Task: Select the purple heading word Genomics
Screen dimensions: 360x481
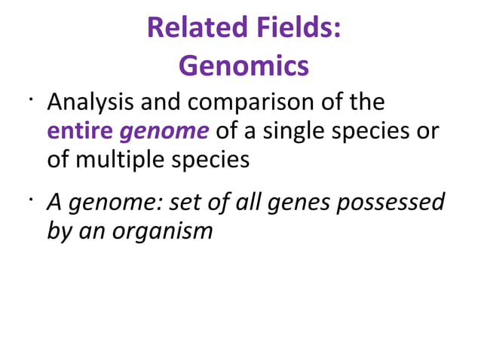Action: [x=244, y=66]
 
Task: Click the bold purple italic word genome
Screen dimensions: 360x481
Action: [x=164, y=133]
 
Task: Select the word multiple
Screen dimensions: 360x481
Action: [x=121, y=161]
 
